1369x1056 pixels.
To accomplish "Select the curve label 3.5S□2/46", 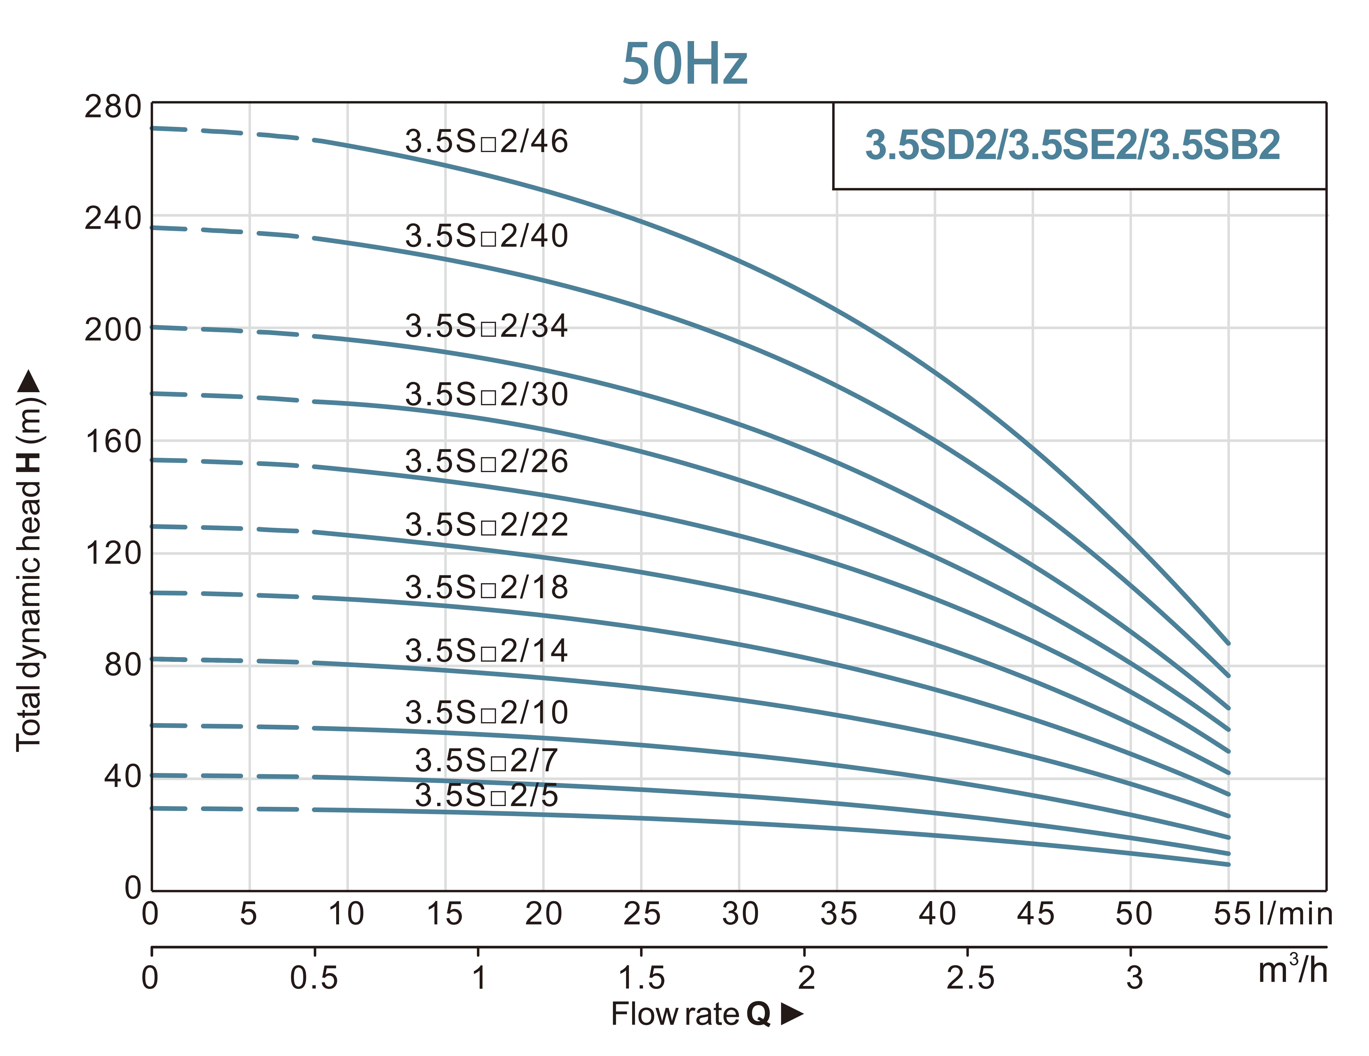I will coord(486,142).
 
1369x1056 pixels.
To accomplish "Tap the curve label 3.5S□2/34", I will coord(486,326).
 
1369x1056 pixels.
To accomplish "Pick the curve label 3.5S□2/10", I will coord(486,713).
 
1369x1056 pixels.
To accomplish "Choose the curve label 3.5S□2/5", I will coord(486,795).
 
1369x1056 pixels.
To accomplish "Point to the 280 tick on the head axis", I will coord(113,107).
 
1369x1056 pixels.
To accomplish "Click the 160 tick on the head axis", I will coord(113,442).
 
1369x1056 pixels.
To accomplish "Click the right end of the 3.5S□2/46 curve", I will coord(1228,643).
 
